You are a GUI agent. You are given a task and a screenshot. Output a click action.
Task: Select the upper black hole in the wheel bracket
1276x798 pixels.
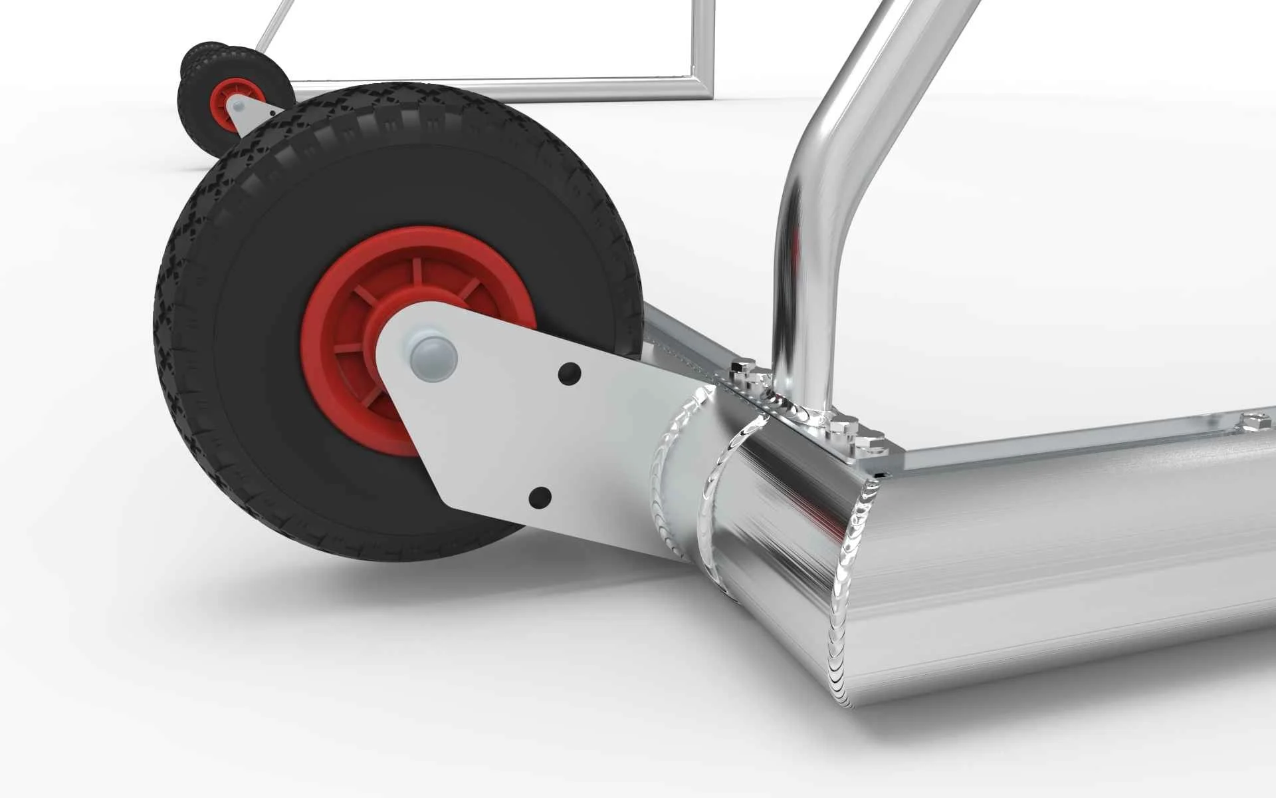(x=570, y=374)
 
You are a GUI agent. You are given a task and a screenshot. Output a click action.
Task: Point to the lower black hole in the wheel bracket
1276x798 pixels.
(x=540, y=497)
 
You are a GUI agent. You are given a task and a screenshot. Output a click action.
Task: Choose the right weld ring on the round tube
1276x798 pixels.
(x=714, y=492)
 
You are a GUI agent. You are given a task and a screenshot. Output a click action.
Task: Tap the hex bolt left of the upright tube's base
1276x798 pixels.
(x=744, y=368)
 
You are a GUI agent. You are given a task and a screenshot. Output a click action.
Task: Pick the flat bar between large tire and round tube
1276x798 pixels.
(x=685, y=346)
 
